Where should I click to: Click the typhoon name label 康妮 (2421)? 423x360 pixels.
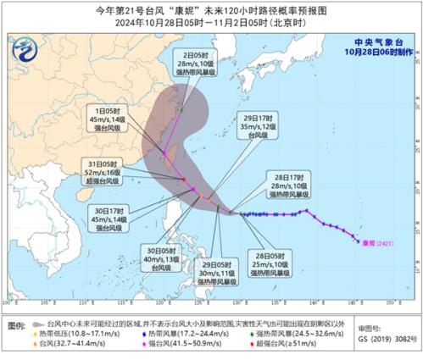click(x=381, y=241)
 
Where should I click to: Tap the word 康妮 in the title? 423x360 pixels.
click(x=180, y=10)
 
